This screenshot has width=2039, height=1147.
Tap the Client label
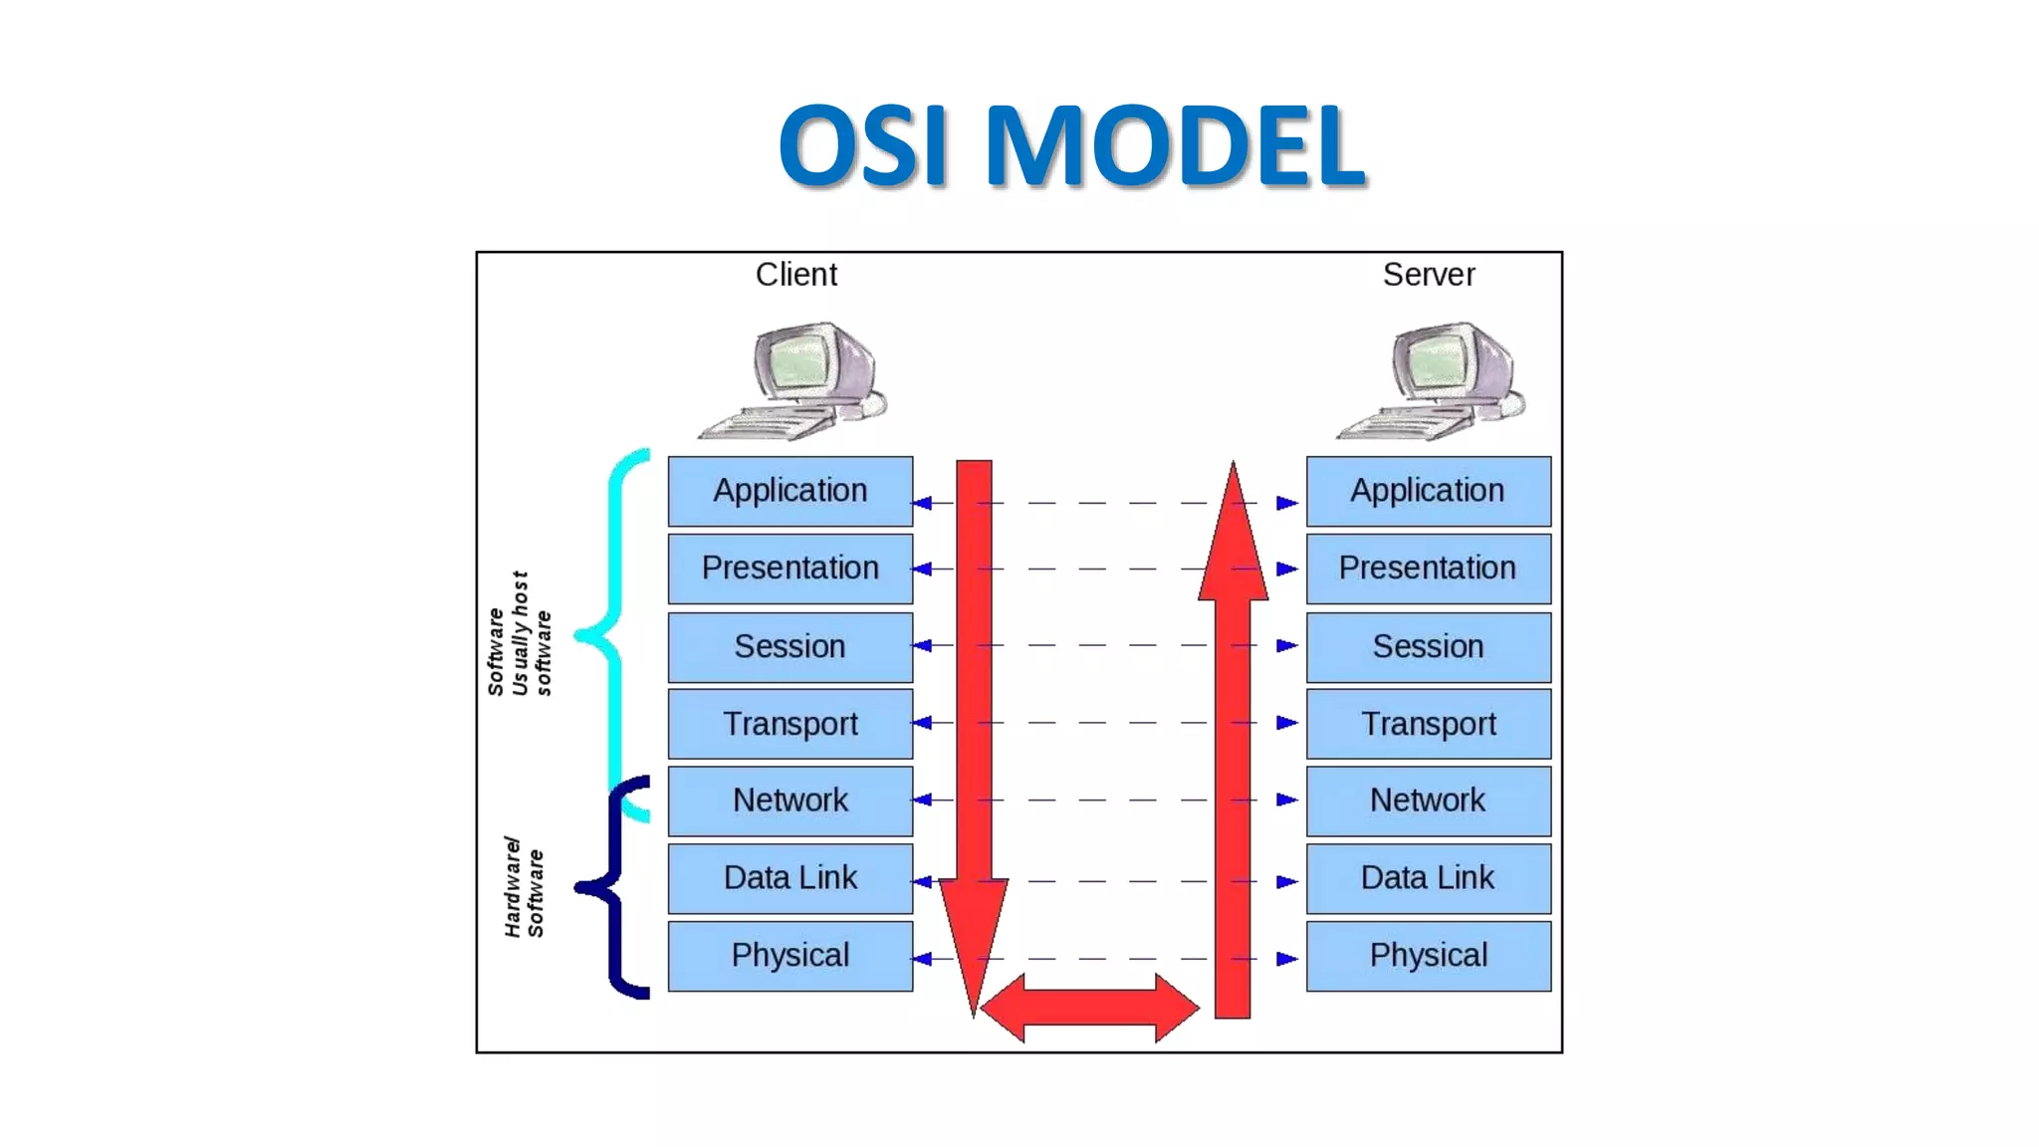tap(795, 274)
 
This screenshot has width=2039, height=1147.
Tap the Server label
tap(1428, 274)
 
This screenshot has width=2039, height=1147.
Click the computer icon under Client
tap(796, 380)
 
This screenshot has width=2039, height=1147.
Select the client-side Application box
tap(790, 491)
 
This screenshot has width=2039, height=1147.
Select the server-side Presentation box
tap(1428, 569)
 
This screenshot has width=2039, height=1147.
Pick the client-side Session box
tap(790, 646)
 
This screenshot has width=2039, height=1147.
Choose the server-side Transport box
tap(1428, 724)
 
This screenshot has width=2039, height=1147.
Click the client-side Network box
tap(790, 801)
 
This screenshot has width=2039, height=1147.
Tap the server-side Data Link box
tap(1428, 878)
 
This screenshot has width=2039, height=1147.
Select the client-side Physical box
tap(790, 956)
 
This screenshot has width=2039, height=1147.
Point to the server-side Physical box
tap(1428, 956)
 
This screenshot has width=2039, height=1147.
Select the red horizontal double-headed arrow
tap(1089, 1008)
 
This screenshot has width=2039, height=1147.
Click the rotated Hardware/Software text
tap(524, 886)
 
